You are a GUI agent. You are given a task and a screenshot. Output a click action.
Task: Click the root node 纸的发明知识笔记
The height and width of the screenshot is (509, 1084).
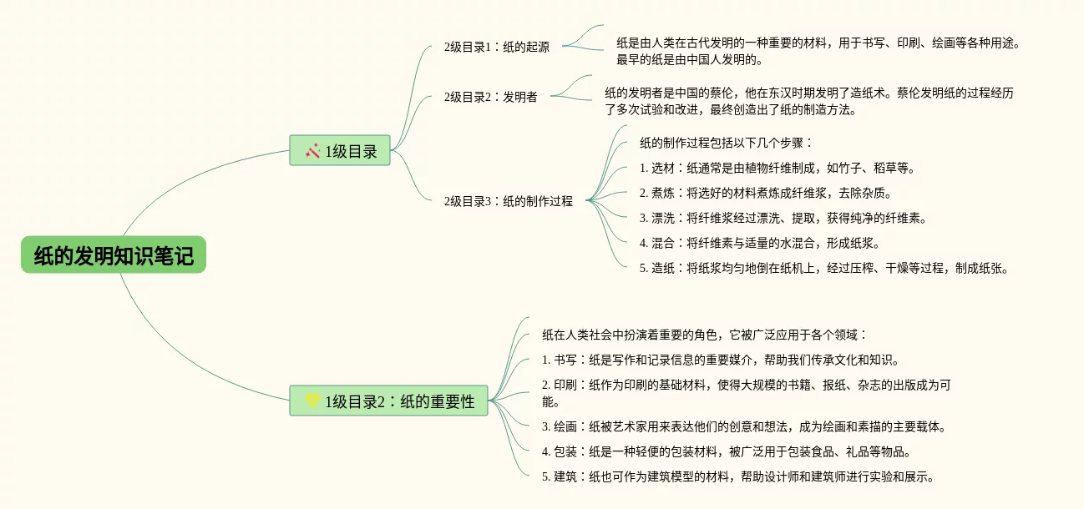pyautogui.click(x=114, y=255)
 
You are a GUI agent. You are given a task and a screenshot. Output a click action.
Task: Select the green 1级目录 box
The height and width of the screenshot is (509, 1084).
pyautogui.click(x=340, y=151)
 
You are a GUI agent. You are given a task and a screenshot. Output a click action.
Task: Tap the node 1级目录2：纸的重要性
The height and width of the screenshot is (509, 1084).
pyautogui.click(x=388, y=401)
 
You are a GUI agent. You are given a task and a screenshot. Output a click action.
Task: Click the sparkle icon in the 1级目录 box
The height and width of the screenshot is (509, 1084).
pyautogui.click(x=313, y=151)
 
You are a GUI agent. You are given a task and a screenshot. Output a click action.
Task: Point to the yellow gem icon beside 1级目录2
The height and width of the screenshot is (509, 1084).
pyautogui.click(x=312, y=401)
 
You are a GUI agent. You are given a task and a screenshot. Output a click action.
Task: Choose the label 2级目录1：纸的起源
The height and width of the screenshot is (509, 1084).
pyautogui.click(x=497, y=47)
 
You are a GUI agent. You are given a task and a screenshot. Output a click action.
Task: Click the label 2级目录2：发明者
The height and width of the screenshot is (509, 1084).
pyautogui.click(x=491, y=97)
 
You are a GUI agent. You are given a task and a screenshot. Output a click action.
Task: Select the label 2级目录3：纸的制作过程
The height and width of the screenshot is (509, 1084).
pyautogui.click(x=509, y=201)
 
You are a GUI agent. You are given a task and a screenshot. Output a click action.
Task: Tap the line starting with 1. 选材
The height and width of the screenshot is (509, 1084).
pyautogui.click(x=778, y=168)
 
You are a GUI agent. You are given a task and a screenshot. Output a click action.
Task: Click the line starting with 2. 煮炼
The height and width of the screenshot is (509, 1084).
pyautogui.click(x=766, y=193)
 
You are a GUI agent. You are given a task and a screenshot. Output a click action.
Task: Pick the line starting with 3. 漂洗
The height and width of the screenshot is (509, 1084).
pyautogui.click(x=783, y=218)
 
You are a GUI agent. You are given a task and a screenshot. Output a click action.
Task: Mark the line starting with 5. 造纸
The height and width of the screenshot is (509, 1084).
pyautogui.click(x=824, y=268)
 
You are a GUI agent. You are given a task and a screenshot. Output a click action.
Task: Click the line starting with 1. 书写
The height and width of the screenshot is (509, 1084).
pyautogui.click(x=720, y=360)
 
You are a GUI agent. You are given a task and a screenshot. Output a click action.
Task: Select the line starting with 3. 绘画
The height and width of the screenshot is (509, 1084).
pyautogui.click(x=743, y=426)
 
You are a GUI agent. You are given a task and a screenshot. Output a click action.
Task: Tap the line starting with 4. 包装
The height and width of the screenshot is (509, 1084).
pyautogui.click(x=714, y=451)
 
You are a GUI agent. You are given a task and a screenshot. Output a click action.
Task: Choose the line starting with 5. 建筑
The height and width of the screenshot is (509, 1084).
pyautogui.click(x=737, y=476)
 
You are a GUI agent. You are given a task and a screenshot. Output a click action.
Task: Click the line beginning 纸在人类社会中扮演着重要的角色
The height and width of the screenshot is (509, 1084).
pyautogui.click(x=705, y=335)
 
